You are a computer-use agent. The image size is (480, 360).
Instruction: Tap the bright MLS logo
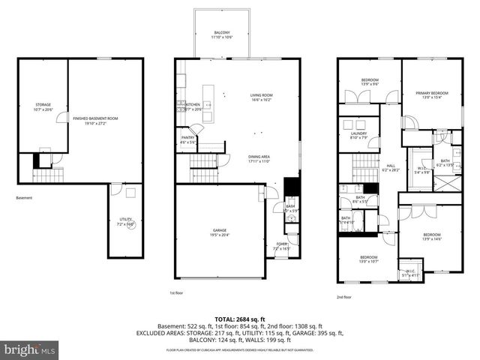[30, 349]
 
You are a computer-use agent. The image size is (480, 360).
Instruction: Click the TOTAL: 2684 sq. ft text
[239, 318]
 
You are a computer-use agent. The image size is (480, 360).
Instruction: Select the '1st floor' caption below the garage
[177, 293]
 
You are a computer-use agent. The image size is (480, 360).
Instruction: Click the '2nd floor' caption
[344, 298]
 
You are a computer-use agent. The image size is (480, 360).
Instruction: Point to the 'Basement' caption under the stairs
[25, 198]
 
